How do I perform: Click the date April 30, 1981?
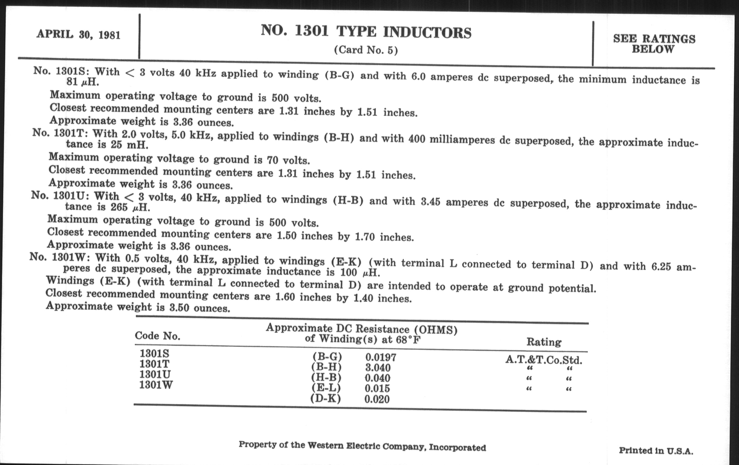(78, 34)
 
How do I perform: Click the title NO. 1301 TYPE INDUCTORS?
(366, 32)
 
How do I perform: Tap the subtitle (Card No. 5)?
(366, 50)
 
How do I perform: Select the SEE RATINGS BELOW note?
(654, 43)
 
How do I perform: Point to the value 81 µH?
(83, 82)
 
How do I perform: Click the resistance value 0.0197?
(380, 357)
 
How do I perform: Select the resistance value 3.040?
(378, 368)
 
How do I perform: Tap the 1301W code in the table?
(156, 384)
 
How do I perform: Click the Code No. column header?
(157, 336)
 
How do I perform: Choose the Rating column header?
(544, 342)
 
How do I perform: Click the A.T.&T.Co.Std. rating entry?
(544, 360)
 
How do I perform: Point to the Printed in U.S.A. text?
(656, 451)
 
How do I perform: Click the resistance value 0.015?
(377, 388)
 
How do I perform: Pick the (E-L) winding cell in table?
(326, 388)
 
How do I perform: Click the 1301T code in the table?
(154, 364)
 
